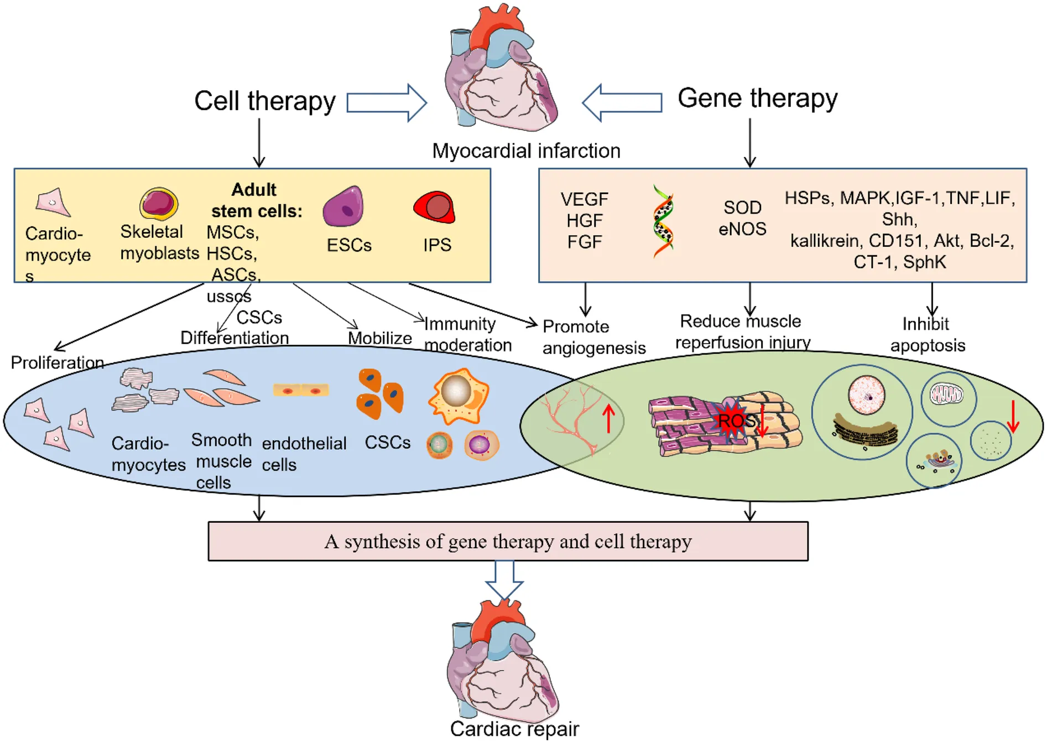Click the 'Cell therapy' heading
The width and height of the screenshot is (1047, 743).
pyautogui.click(x=265, y=101)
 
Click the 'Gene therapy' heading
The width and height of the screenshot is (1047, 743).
pyautogui.click(x=757, y=98)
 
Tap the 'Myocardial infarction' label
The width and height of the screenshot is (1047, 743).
pyautogui.click(x=526, y=150)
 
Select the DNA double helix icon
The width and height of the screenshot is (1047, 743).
pyautogui.click(x=663, y=221)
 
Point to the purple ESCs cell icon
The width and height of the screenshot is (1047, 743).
pyautogui.click(x=343, y=207)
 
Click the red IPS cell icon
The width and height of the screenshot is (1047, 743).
pyautogui.click(x=435, y=207)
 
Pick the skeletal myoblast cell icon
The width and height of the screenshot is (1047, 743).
pyautogui.click(x=159, y=204)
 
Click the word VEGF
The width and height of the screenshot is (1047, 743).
pyautogui.click(x=584, y=199)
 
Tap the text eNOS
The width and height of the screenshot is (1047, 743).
pyautogui.click(x=742, y=228)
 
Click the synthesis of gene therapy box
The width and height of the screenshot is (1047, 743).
pyautogui.click(x=508, y=541)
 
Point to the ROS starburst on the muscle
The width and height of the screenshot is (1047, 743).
pyautogui.click(x=734, y=420)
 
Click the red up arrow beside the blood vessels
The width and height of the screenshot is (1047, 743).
pyautogui.click(x=608, y=418)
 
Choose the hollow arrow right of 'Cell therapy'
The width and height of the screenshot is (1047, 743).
pyautogui.click(x=387, y=103)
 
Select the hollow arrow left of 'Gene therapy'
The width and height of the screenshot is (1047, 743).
pyautogui.click(x=622, y=103)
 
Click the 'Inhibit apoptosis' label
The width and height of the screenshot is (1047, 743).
pyautogui.click(x=928, y=334)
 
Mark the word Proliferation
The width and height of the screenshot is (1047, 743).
pyautogui.click(x=58, y=363)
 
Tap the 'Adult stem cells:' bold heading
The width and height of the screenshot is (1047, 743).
pyautogui.click(x=256, y=200)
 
